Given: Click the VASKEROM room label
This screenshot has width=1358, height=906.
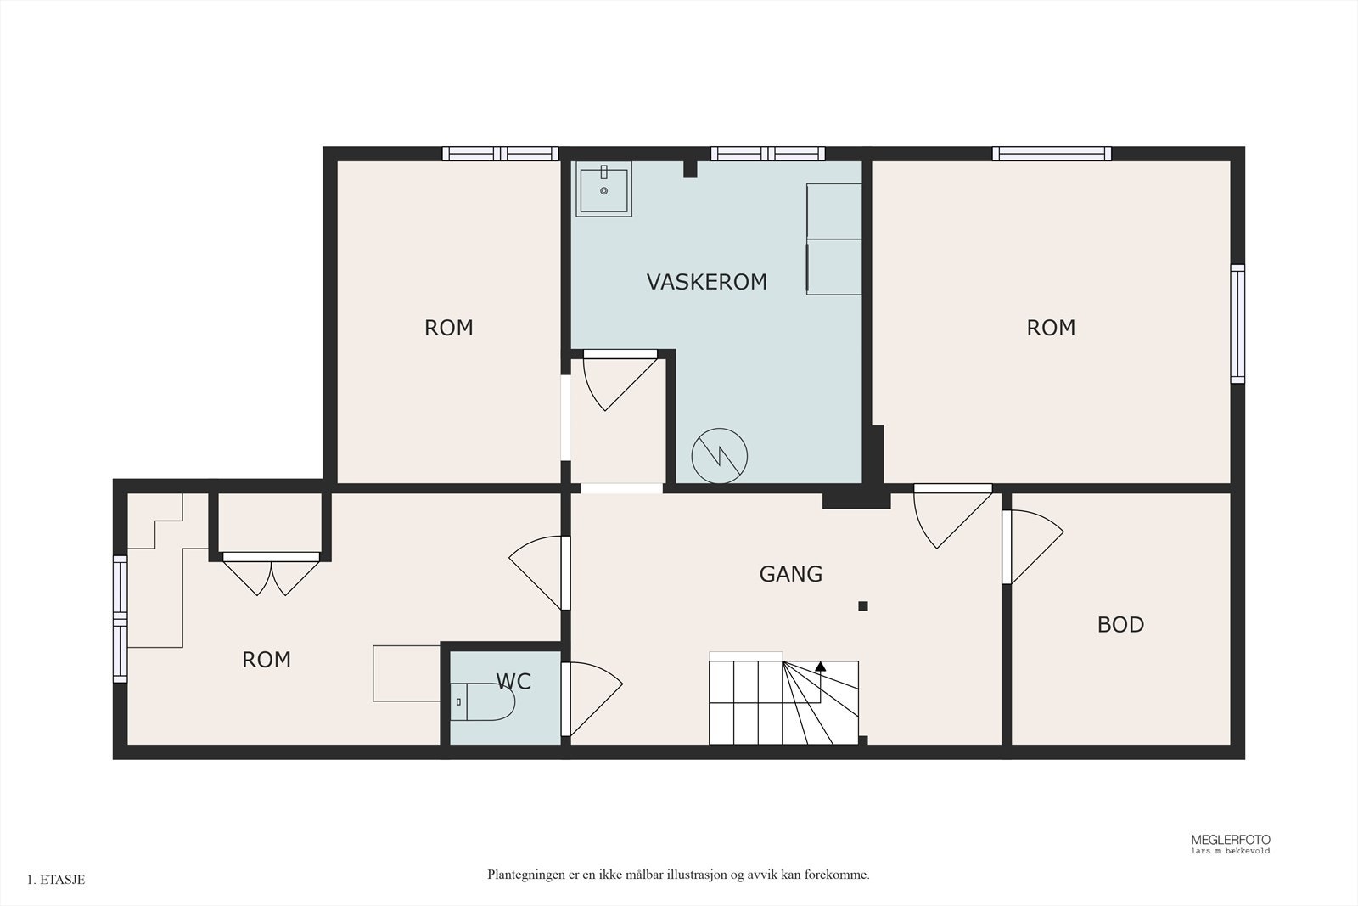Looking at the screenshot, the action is click(x=706, y=282).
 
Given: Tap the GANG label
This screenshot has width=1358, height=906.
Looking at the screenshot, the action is click(x=790, y=574).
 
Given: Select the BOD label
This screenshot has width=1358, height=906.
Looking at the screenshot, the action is click(x=1120, y=625).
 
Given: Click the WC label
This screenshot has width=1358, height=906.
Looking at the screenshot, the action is click(x=513, y=682).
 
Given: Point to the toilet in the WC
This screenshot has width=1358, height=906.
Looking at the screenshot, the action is click(x=483, y=701).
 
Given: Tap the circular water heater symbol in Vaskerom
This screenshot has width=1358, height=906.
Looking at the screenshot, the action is click(x=720, y=456).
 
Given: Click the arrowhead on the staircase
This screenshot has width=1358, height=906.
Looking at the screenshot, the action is click(x=820, y=667).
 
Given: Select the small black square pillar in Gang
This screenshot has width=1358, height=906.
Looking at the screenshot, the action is click(x=863, y=605).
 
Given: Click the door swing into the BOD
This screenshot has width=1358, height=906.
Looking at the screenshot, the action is click(x=1033, y=546).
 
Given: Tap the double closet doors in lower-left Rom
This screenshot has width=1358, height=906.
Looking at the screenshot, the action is click(x=271, y=574).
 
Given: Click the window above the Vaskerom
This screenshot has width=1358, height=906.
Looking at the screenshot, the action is click(x=767, y=154).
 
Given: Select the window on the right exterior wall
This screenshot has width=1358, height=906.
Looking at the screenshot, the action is click(x=1237, y=324).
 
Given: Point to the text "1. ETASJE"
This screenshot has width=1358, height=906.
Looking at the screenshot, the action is click(x=56, y=880).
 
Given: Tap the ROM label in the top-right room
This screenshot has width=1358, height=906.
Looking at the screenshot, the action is click(x=1051, y=328).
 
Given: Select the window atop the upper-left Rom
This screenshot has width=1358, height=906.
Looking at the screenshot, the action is click(x=500, y=154).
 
